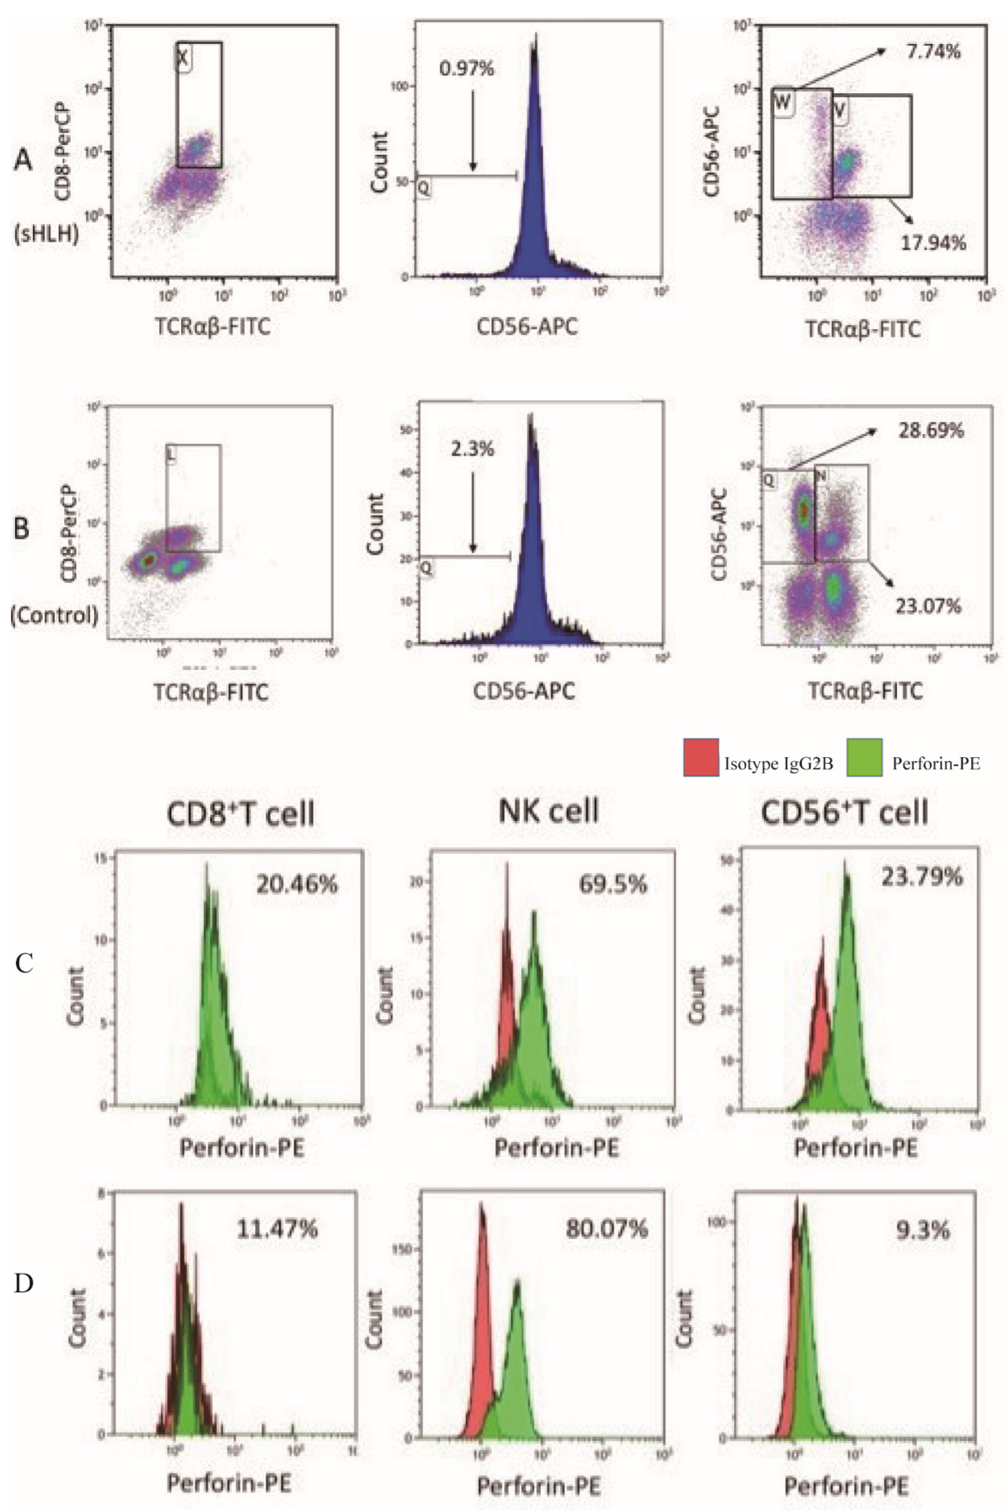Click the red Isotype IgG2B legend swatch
pyautogui.click(x=701, y=758)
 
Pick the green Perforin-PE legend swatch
pyautogui.click(x=864, y=758)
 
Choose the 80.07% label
pyautogui.click(x=606, y=1229)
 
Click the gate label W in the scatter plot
pyautogui.click(x=783, y=102)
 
